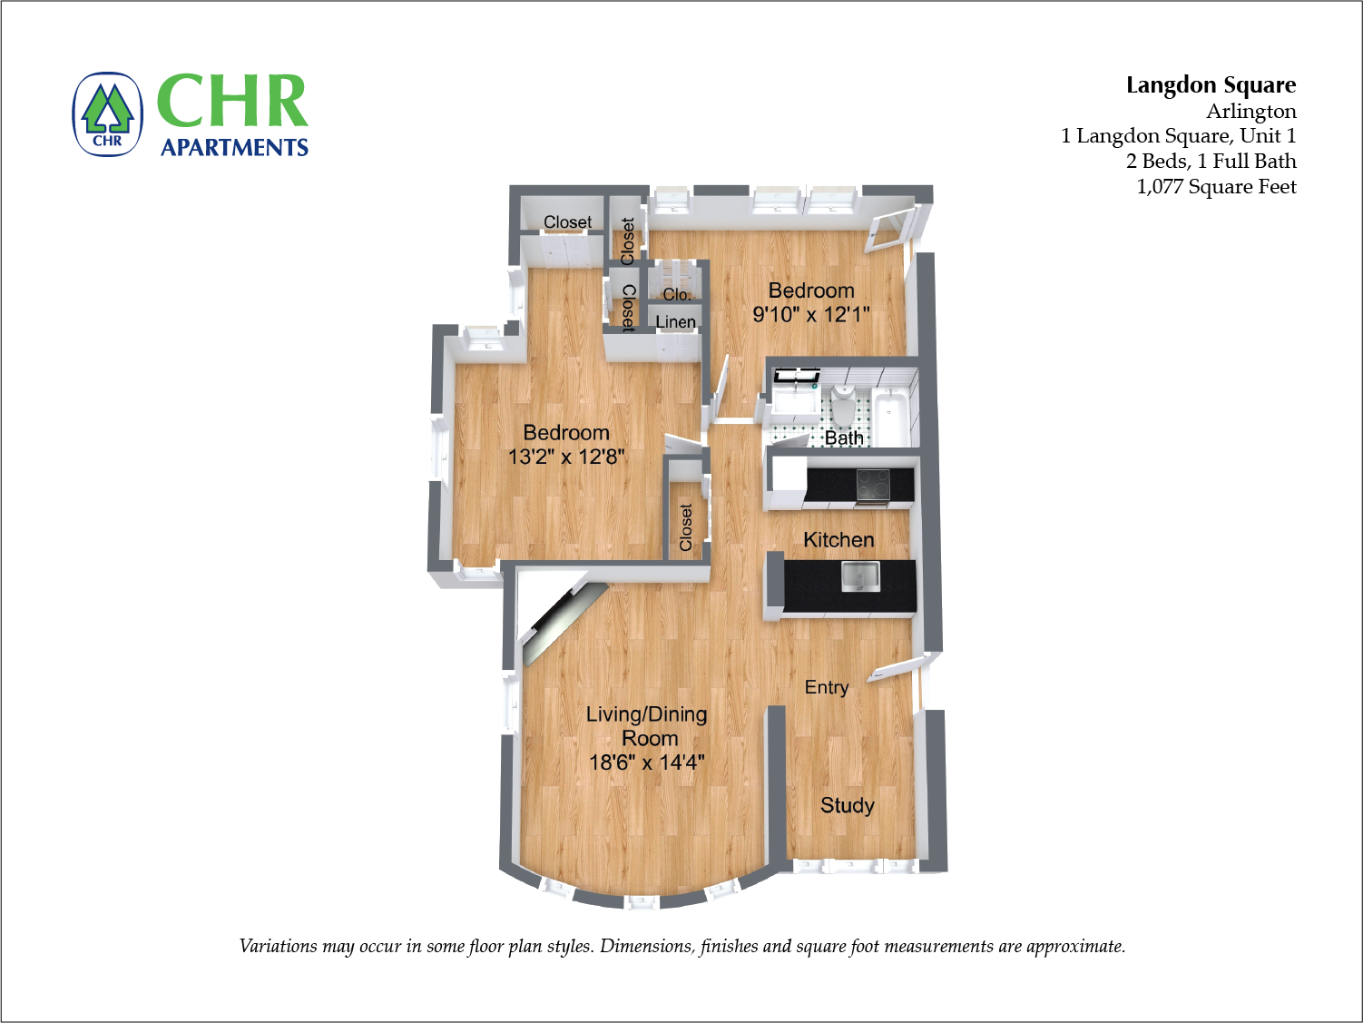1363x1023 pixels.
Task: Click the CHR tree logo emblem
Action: click(108, 114)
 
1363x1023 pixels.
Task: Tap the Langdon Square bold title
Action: click(1211, 85)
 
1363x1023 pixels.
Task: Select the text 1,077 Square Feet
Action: click(1216, 187)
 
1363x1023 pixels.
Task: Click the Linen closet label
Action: click(675, 322)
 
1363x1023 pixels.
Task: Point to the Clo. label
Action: click(677, 295)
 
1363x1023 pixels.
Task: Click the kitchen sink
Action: click(859, 576)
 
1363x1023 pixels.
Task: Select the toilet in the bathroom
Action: click(843, 408)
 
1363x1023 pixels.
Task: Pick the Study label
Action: click(847, 806)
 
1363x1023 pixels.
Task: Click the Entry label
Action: click(827, 688)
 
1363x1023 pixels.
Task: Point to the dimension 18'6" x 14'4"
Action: click(646, 762)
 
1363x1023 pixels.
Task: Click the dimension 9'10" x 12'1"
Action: click(811, 315)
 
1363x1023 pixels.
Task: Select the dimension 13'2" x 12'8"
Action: click(566, 457)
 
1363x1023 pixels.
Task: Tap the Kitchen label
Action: click(838, 540)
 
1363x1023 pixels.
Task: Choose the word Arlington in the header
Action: click(1250, 112)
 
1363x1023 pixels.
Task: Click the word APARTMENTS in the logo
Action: click(234, 148)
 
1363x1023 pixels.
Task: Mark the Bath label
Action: click(843, 438)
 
